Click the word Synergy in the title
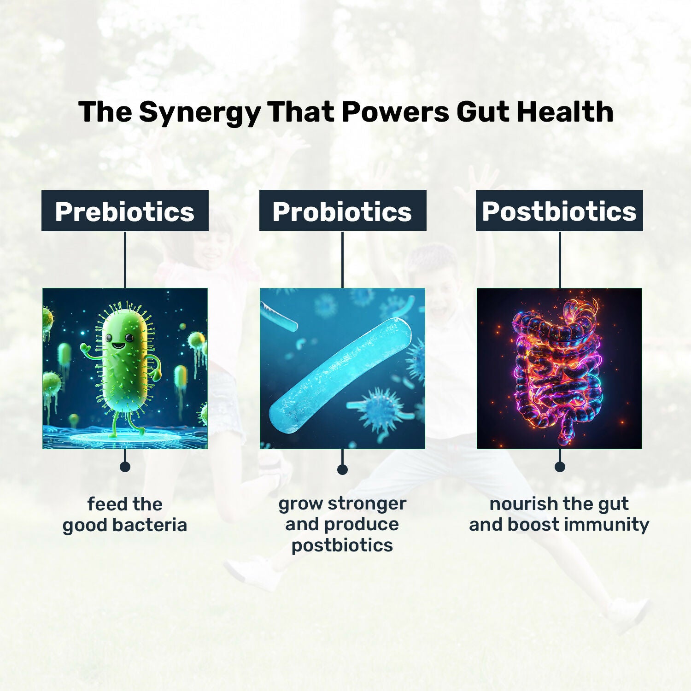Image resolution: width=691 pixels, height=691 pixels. point(200,112)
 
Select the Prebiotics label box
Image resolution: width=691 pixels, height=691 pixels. point(125,211)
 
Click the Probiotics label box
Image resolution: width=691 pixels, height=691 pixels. point(342,211)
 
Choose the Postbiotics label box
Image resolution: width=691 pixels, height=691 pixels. point(559,211)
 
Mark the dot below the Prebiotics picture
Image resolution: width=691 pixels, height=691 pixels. point(125,467)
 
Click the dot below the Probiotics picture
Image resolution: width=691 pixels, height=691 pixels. point(342,469)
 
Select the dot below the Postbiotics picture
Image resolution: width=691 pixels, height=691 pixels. point(560,467)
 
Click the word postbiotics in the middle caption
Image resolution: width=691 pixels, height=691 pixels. point(342,545)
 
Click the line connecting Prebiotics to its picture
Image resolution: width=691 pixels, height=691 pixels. point(125,259)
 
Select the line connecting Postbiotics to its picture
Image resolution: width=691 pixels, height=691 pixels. point(560,259)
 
